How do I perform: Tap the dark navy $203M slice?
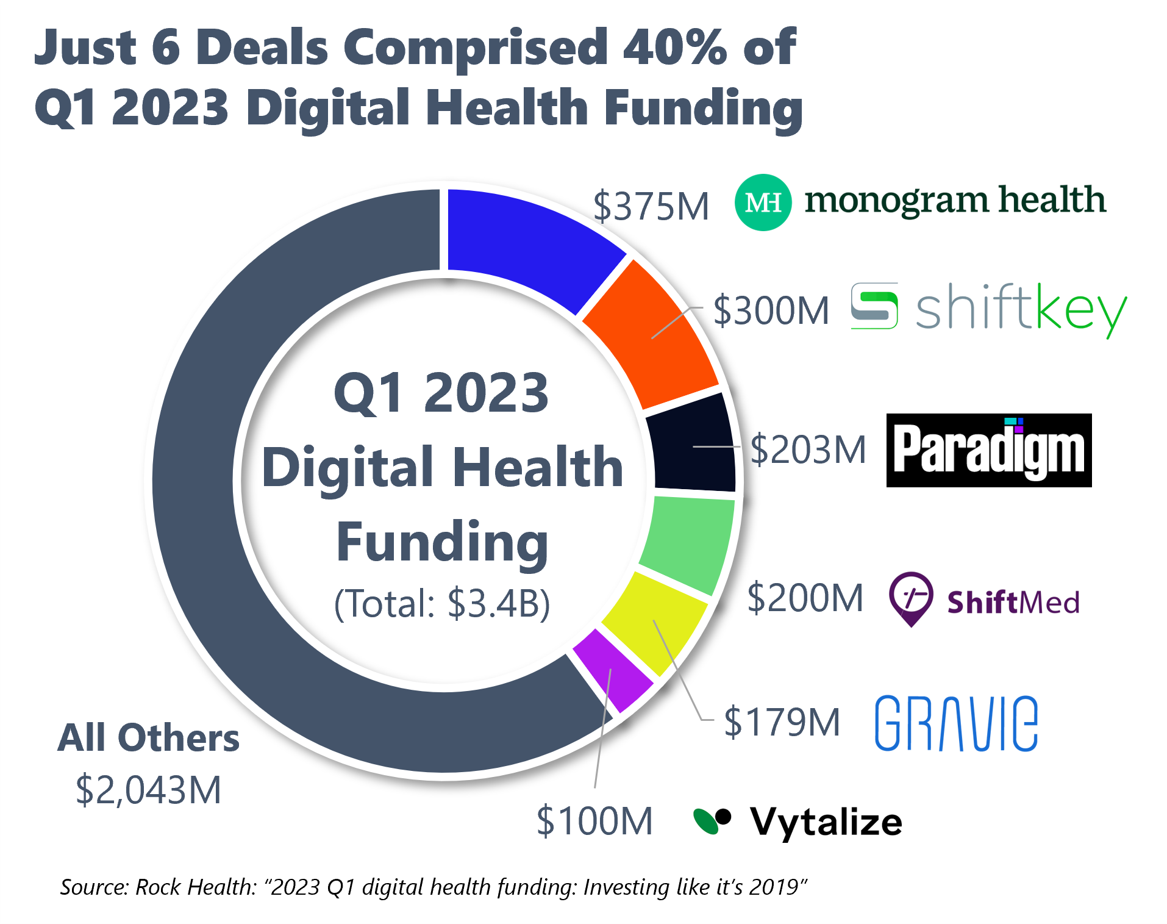click(692, 442)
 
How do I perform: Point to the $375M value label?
click(651, 206)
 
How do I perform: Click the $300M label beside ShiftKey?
click(771, 310)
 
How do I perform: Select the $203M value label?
click(808, 450)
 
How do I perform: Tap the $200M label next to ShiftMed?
click(805, 598)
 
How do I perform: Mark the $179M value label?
click(782, 722)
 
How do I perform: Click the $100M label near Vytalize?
click(594, 821)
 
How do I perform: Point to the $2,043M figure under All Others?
click(148, 790)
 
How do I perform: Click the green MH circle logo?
click(763, 202)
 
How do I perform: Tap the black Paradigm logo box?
click(988, 451)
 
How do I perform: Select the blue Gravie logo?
click(956, 723)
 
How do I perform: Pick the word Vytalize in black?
click(826, 822)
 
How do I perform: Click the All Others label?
click(148, 738)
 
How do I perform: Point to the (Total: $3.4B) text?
click(442, 604)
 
